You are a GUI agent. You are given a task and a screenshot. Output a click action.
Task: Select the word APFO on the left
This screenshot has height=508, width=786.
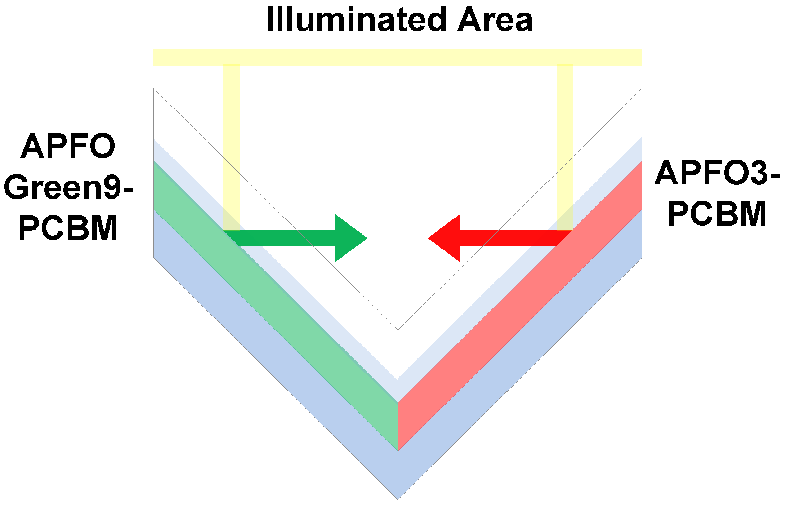point(68,146)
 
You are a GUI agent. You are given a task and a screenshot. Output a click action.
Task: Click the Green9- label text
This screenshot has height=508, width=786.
point(68,187)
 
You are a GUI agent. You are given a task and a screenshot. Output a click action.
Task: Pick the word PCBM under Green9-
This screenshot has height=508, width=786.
point(68,228)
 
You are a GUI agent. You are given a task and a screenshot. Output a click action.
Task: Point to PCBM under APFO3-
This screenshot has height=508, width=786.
point(717,214)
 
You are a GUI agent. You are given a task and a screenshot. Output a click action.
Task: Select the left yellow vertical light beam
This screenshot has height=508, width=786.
point(231,144)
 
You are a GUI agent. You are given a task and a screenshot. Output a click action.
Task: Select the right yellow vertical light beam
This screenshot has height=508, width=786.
point(564,144)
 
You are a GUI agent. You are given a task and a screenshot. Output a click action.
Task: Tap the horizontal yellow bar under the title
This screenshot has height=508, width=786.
point(398,57)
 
